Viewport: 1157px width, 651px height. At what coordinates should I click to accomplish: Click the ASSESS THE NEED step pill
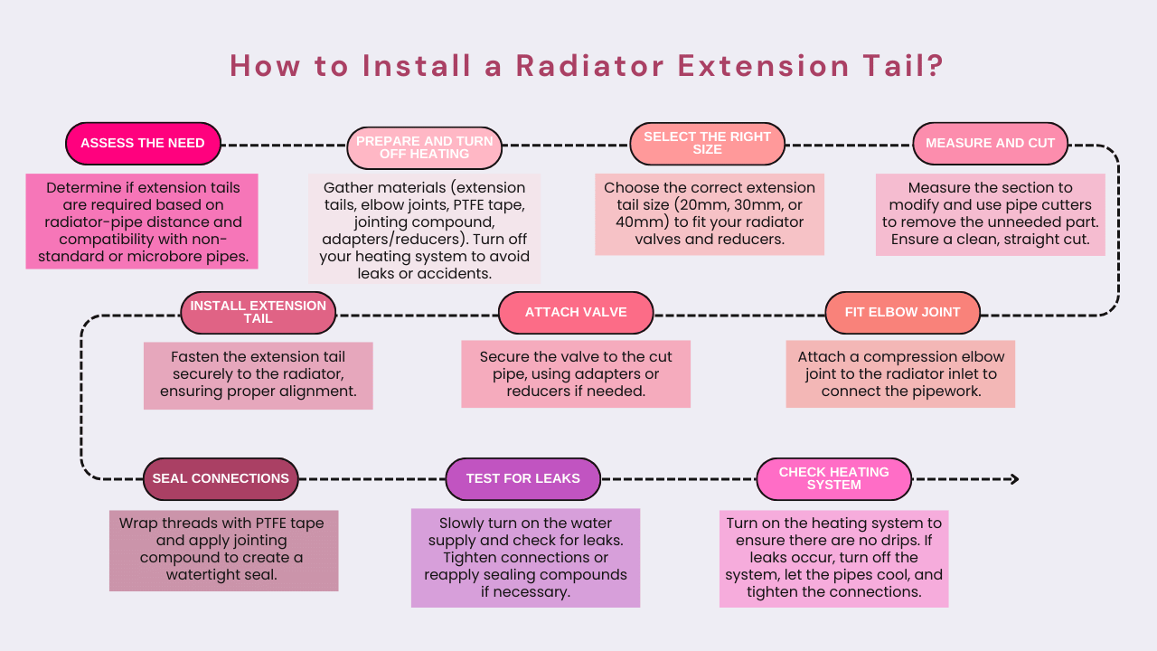(x=143, y=144)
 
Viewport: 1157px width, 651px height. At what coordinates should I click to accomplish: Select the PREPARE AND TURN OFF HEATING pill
(x=425, y=147)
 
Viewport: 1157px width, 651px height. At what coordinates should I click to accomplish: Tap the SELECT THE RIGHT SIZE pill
(x=707, y=144)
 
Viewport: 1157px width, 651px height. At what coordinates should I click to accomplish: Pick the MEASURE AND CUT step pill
(x=990, y=144)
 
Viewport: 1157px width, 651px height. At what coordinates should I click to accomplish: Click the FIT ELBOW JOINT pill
(x=902, y=313)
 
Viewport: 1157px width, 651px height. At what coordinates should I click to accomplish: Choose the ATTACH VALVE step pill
(x=576, y=313)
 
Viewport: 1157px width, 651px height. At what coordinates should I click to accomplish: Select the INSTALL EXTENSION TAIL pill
(x=259, y=313)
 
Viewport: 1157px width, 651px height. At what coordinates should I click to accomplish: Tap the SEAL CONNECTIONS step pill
(x=221, y=479)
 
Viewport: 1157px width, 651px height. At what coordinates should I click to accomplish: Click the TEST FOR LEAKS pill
(x=523, y=479)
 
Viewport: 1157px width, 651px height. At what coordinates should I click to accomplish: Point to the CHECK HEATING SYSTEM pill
(x=834, y=479)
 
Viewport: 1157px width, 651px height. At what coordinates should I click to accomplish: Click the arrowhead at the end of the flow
(x=1015, y=479)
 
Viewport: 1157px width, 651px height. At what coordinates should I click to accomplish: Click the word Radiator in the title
(x=590, y=66)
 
